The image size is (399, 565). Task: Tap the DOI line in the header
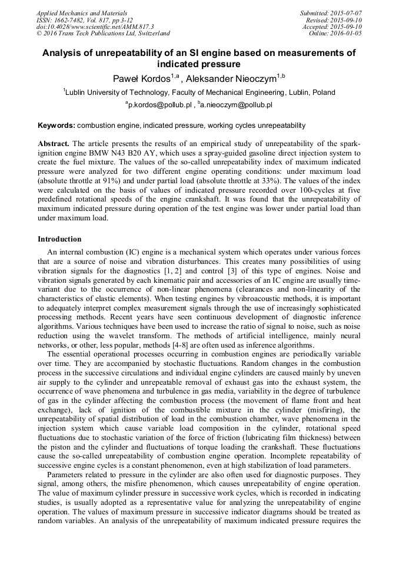pos(95,27)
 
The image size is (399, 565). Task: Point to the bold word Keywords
pos(56,125)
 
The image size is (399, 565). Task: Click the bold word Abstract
pos(54,144)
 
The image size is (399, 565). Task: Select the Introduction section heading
pos(59,239)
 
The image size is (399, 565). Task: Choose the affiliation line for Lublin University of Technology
pos(199,92)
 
